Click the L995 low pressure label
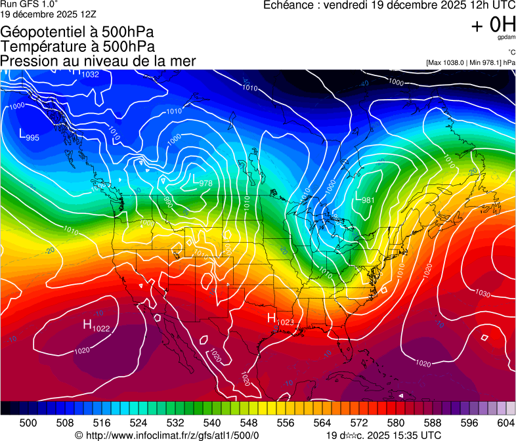(29, 136)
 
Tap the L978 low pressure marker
(201, 180)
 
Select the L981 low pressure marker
(364, 198)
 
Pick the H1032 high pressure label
(85, 73)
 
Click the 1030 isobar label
(483, 293)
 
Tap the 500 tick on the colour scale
(28, 422)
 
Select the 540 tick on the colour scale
(211, 422)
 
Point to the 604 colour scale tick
(505, 422)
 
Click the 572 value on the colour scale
(358, 422)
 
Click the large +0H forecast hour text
(493, 25)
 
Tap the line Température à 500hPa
(77, 47)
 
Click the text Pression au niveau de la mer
(98, 61)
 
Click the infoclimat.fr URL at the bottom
(167, 435)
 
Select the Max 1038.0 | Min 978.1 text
(470, 63)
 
